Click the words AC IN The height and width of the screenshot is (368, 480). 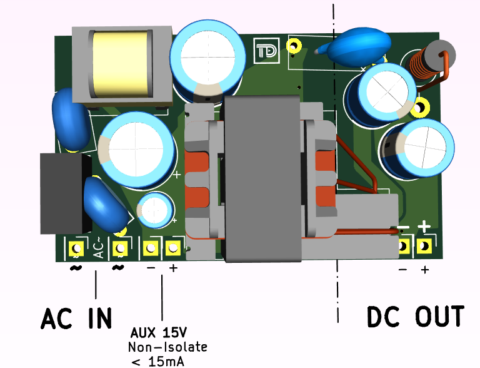tap(76, 318)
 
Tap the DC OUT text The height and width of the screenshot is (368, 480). tap(415, 316)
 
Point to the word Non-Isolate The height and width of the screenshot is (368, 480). tap(167, 347)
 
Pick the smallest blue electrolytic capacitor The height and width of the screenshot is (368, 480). tap(155, 210)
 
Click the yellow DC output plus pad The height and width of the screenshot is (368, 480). tap(425, 246)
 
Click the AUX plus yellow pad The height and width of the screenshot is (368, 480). tap(172, 248)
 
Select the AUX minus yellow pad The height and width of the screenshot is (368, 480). tap(150, 248)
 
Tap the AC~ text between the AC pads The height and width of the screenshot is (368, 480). tap(97, 250)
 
